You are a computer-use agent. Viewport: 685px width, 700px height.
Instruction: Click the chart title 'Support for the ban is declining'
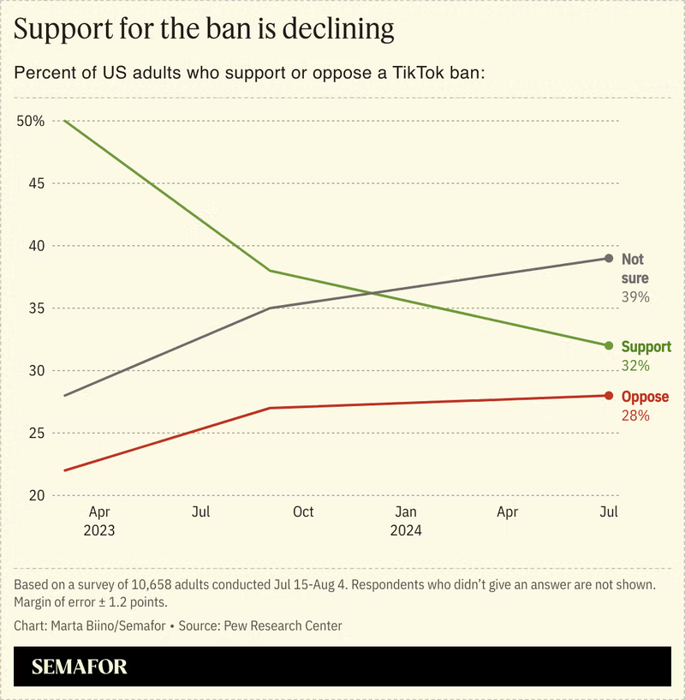(204, 29)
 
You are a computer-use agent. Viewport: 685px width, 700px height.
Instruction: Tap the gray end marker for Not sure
(609, 258)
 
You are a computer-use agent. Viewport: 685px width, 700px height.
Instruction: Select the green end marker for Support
(609, 345)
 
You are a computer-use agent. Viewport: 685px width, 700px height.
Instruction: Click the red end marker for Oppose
(609, 395)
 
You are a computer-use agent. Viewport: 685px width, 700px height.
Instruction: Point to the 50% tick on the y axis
(30, 121)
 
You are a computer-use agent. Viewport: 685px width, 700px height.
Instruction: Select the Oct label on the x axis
(303, 512)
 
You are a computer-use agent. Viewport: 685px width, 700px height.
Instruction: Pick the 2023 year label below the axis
(99, 530)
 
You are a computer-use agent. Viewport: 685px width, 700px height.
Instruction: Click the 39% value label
(635, 297)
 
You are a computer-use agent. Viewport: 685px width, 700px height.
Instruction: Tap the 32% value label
(635, 366)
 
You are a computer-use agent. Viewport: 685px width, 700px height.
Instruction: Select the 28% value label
(635, 416)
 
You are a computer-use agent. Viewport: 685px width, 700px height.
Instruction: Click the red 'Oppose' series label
(645, 397)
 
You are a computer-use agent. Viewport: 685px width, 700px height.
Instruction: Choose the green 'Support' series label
(646, 347)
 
